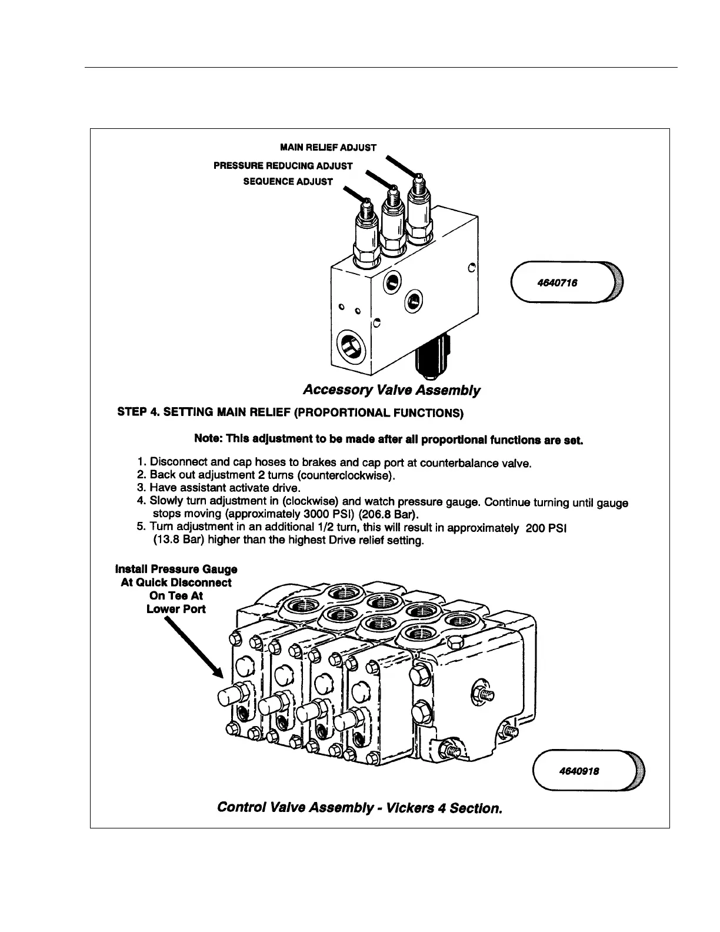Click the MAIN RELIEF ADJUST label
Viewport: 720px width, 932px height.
pos(328,147)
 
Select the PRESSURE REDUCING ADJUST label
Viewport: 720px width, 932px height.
pos(283,166)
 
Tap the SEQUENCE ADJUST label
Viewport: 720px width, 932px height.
pos(288,181)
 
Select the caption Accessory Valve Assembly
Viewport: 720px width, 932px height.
pos(391,390)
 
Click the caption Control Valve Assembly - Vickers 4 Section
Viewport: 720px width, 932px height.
pos(359,807)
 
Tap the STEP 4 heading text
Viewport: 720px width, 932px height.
pos(291,412)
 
